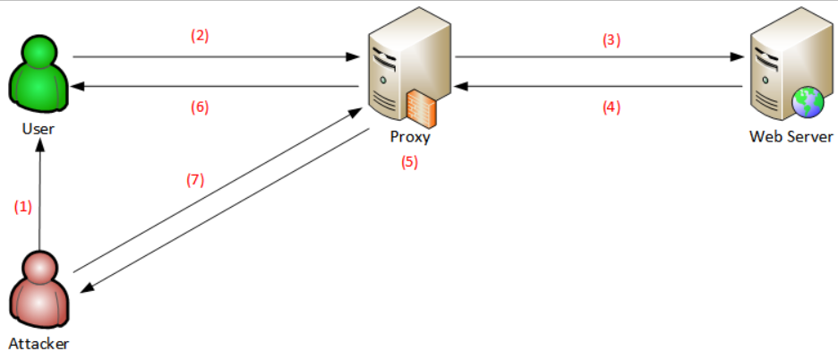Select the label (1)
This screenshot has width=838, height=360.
click(x=22, y=206)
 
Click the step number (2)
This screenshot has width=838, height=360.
click(x=199, y=36)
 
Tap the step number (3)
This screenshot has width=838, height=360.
click(x=611, y=40)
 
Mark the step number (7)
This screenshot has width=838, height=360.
click(x=195, y=179)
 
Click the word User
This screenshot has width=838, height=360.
click(x=38, y=129)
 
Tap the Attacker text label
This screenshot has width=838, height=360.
click(x=38, y=343)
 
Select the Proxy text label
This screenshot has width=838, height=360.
click(x=410, y=137)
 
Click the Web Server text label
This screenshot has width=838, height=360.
click(x=791, y=137)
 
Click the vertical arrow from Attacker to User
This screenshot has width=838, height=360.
click(x=41, y=197)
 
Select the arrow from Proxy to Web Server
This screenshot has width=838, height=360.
click(x=600, y=56)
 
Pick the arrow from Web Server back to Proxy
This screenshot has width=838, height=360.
click(x=600, y=87)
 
